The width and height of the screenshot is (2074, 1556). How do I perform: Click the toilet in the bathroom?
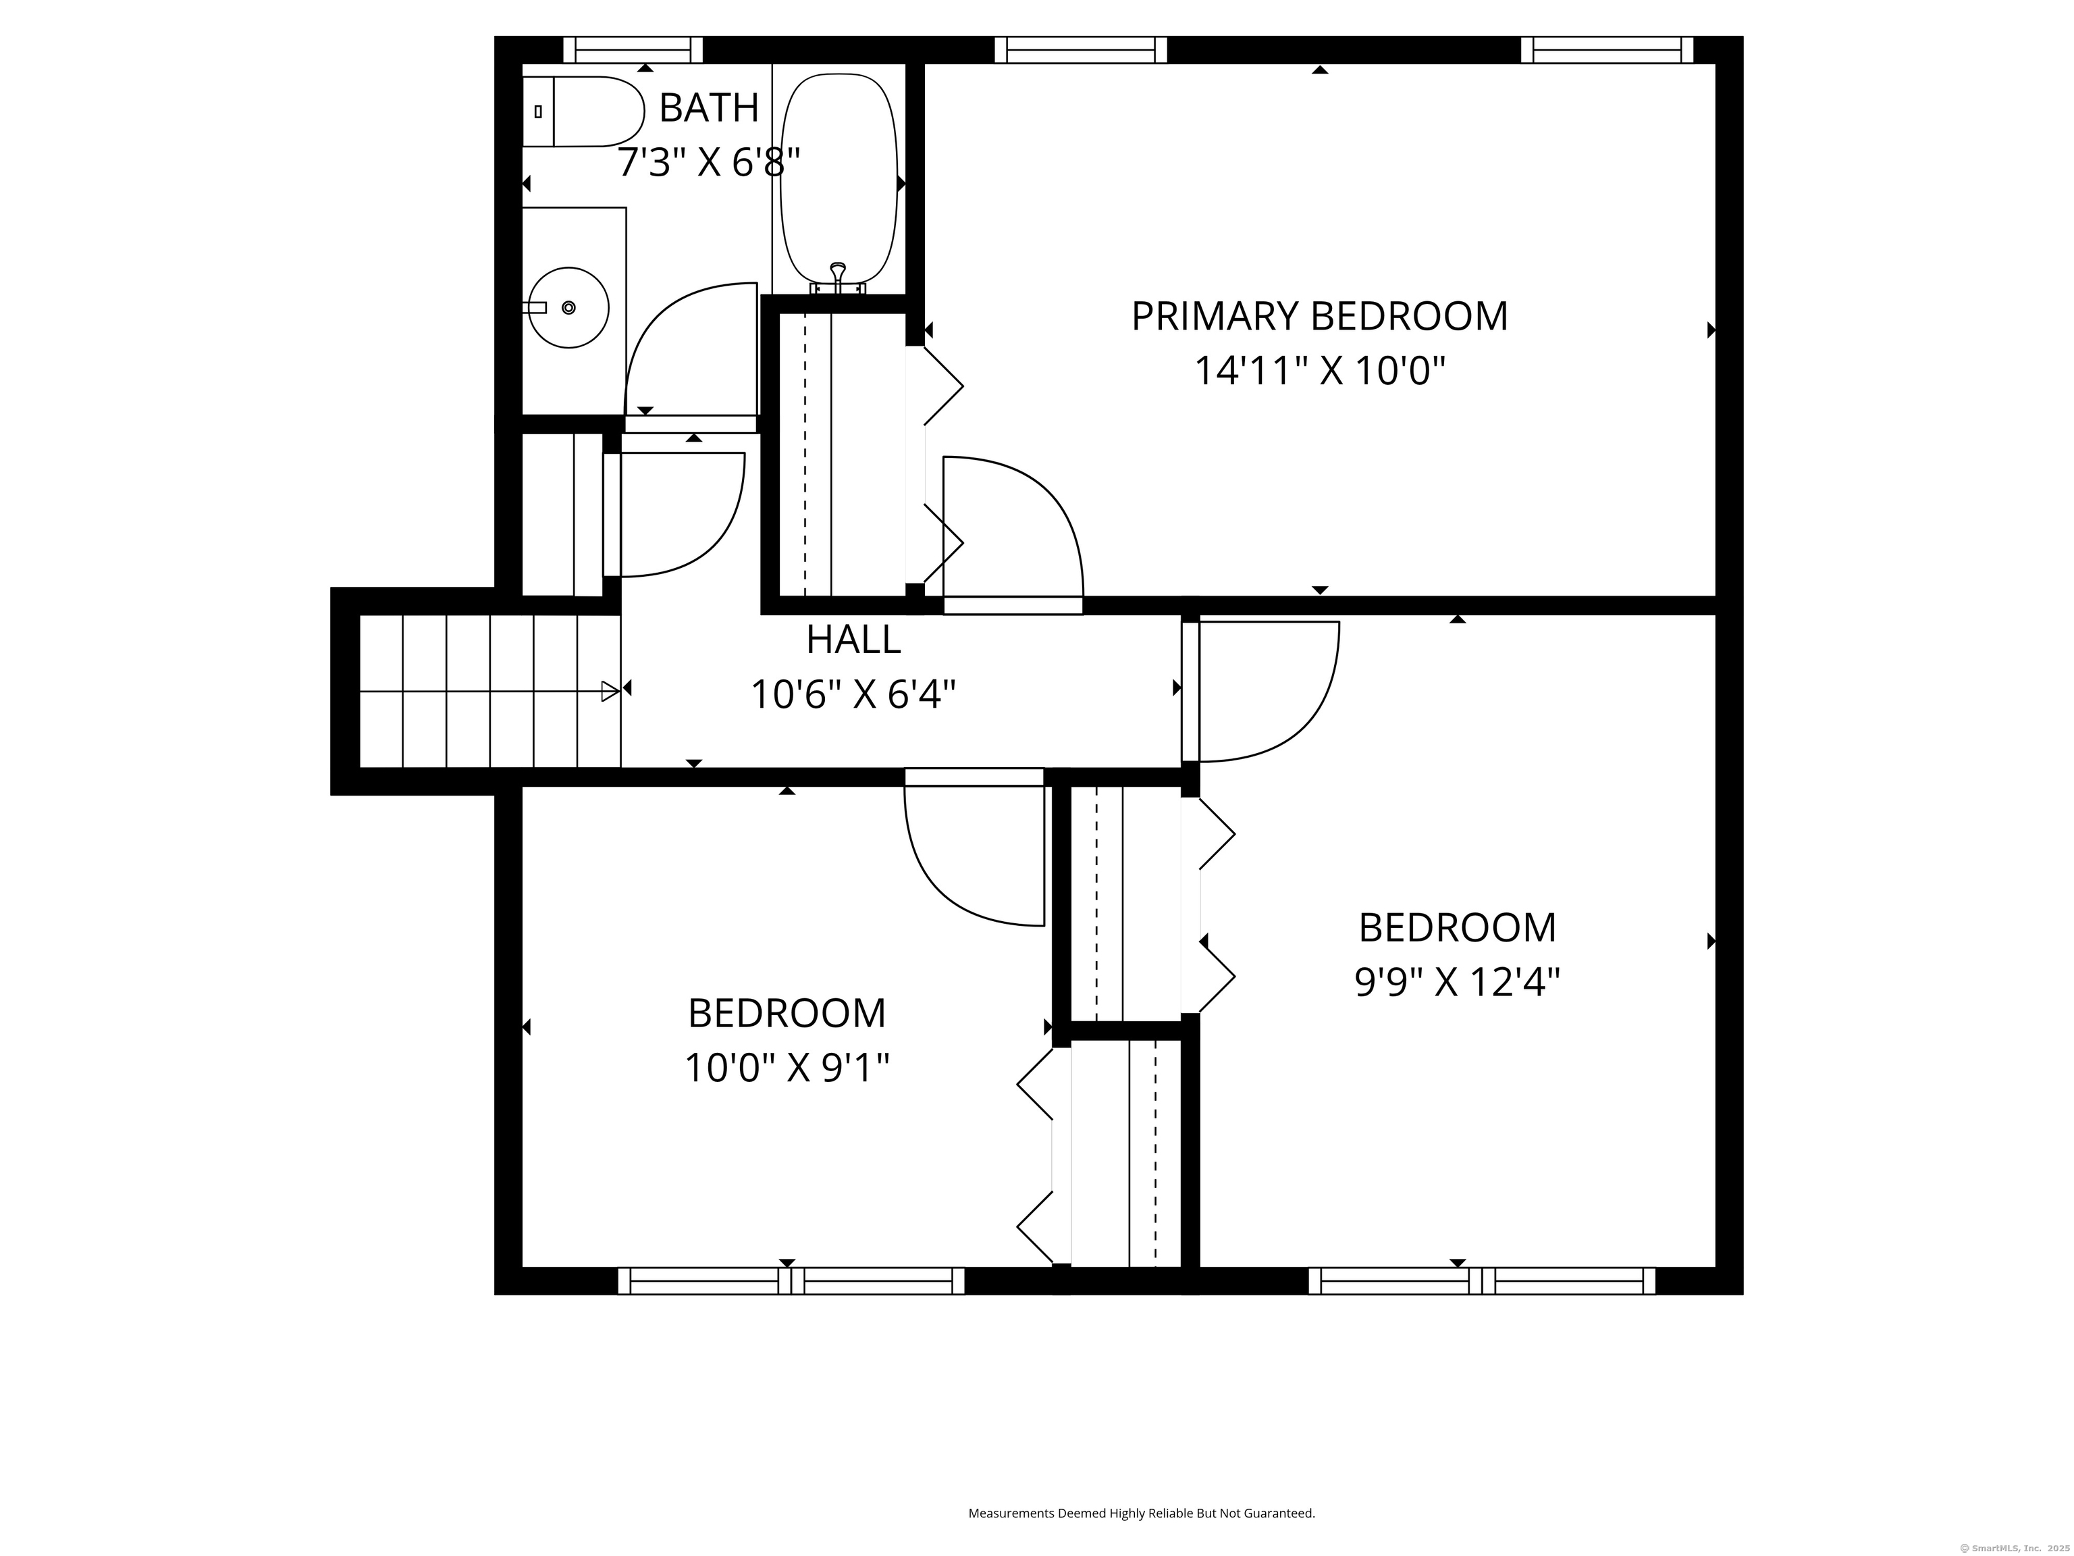582,111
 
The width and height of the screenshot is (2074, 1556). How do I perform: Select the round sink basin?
569,308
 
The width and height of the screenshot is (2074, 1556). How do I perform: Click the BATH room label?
709,108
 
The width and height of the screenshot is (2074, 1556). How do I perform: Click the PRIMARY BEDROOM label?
1319,316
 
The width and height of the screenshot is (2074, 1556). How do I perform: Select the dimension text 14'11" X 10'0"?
1319,371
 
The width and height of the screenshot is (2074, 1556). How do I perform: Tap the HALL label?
853,640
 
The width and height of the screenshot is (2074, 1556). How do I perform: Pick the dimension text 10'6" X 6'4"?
853,695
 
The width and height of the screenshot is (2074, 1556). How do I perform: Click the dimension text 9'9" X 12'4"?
1457,983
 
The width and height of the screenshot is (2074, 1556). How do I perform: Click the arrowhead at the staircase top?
610,692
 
